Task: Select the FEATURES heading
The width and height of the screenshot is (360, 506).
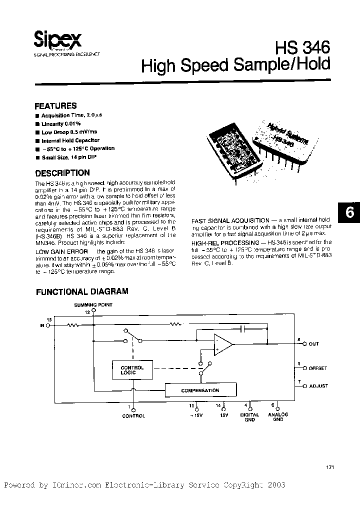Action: coord(55,106)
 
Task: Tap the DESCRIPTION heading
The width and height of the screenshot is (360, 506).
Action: coord(62,173)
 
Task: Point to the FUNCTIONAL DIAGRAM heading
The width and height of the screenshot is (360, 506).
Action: coord(81,291)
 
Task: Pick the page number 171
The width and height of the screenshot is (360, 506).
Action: coord(329,467)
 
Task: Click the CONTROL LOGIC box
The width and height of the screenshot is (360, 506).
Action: coord(132,370)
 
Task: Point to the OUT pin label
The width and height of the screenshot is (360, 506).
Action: coord(313,344)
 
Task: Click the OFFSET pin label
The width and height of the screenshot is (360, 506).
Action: coord(317,368)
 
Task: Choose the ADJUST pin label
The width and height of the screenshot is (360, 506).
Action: coord(318,386)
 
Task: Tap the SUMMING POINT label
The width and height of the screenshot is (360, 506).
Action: coord(93,304)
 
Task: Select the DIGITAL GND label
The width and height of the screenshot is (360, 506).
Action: coord(249,417)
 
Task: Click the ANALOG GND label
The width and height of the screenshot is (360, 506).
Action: coord(278,417)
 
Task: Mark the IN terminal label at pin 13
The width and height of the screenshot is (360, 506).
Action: coord(42,325)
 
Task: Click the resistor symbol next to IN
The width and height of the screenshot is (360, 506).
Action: coord(73,325)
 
